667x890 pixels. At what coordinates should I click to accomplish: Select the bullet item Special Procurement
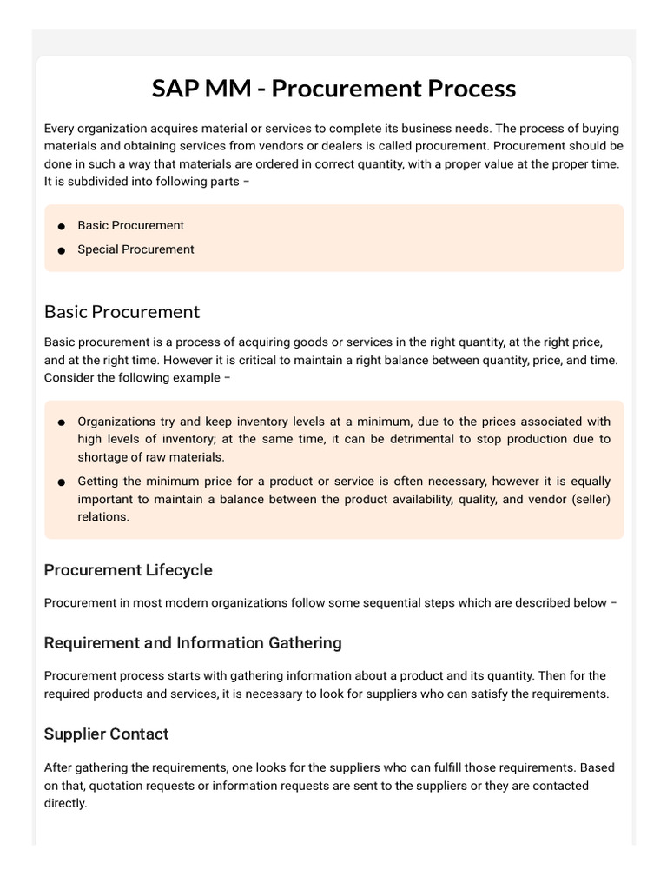tap(135, 249)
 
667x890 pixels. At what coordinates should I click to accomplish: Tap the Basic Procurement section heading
tap(122, 311)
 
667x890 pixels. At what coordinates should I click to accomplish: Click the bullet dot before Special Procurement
tap(62, 250)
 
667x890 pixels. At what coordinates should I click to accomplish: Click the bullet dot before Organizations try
tap(62, 422)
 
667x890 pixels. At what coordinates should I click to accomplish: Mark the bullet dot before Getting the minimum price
tap(62, 482)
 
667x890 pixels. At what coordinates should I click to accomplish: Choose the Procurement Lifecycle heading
tap(128, 570)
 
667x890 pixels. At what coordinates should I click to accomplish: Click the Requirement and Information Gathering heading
tap(193, 643)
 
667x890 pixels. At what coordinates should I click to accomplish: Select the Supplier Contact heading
tap(106, 734)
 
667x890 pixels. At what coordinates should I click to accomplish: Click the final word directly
tap(66, 803)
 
